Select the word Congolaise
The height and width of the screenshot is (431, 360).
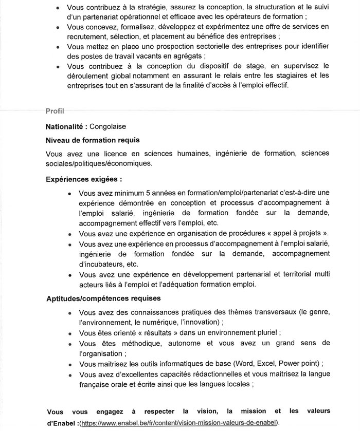click(108, 126)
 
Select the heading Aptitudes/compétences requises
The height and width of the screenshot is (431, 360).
click(103, 298)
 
